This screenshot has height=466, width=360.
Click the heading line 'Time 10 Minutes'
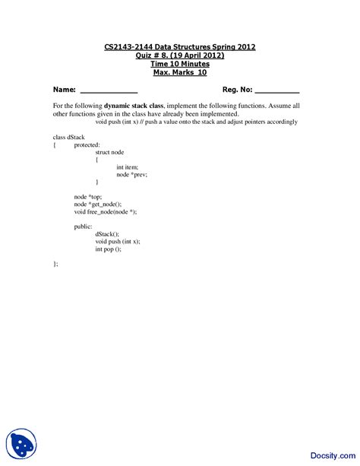(x=180, y=64)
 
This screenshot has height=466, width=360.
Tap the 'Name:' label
(x=64, y=90)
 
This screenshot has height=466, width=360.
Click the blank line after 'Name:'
(x=109, y=91)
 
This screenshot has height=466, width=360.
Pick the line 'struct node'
(x=109, y=151)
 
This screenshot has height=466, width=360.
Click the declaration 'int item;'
(x=128, y=166)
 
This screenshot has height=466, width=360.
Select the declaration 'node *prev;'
(x=131, y=174)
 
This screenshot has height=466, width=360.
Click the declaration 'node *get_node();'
(x=98, y=204)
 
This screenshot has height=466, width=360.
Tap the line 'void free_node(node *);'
(x=106, y=211)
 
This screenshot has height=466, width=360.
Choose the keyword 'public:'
(x=83, y=226)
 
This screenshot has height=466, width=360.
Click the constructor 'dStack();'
(x=107, y=233)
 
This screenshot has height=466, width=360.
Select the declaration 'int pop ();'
(x=108, y=249)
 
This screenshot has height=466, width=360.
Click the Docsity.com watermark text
(x=329, y=447)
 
